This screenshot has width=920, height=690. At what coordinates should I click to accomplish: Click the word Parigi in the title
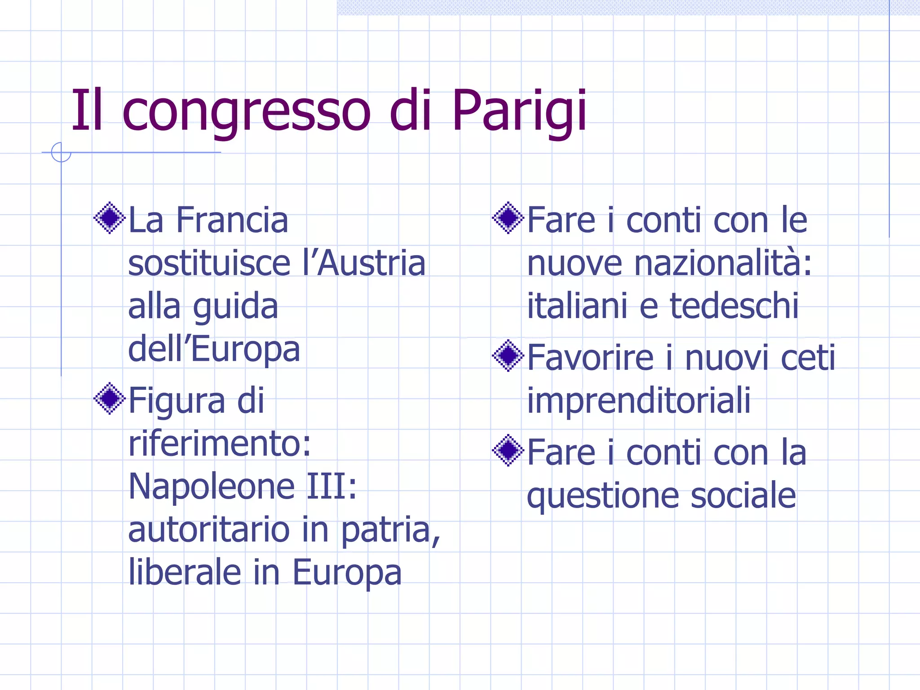tap(519, 111)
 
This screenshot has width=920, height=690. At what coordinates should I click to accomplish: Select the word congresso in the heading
tap(246, 111)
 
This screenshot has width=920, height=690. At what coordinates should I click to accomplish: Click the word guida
tap(235, 306)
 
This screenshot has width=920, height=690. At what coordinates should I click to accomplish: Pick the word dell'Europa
tap(214, 349)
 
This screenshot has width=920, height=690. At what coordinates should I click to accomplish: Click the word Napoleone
tap(211, 487)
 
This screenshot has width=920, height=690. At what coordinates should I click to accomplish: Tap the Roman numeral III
tap(332, 487)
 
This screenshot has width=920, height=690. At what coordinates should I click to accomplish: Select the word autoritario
tap(209, 530)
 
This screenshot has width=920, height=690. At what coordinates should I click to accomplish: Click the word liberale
tap(185, 573)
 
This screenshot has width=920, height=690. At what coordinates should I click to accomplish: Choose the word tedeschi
tap(734, 306)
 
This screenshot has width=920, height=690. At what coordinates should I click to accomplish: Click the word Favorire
tap(590, 358)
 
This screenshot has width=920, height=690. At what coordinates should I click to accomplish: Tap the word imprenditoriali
tap(638, 401)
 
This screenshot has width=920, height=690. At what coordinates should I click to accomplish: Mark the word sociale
tap(743, 496)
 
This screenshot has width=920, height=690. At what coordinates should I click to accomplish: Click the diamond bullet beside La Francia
tap(109, 218)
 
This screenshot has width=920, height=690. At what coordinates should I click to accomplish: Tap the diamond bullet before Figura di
tap(109, 398)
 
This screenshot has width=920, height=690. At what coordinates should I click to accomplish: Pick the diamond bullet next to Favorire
tap(508, 356)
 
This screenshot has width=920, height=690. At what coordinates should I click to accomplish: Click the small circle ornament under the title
tap(61, 152)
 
